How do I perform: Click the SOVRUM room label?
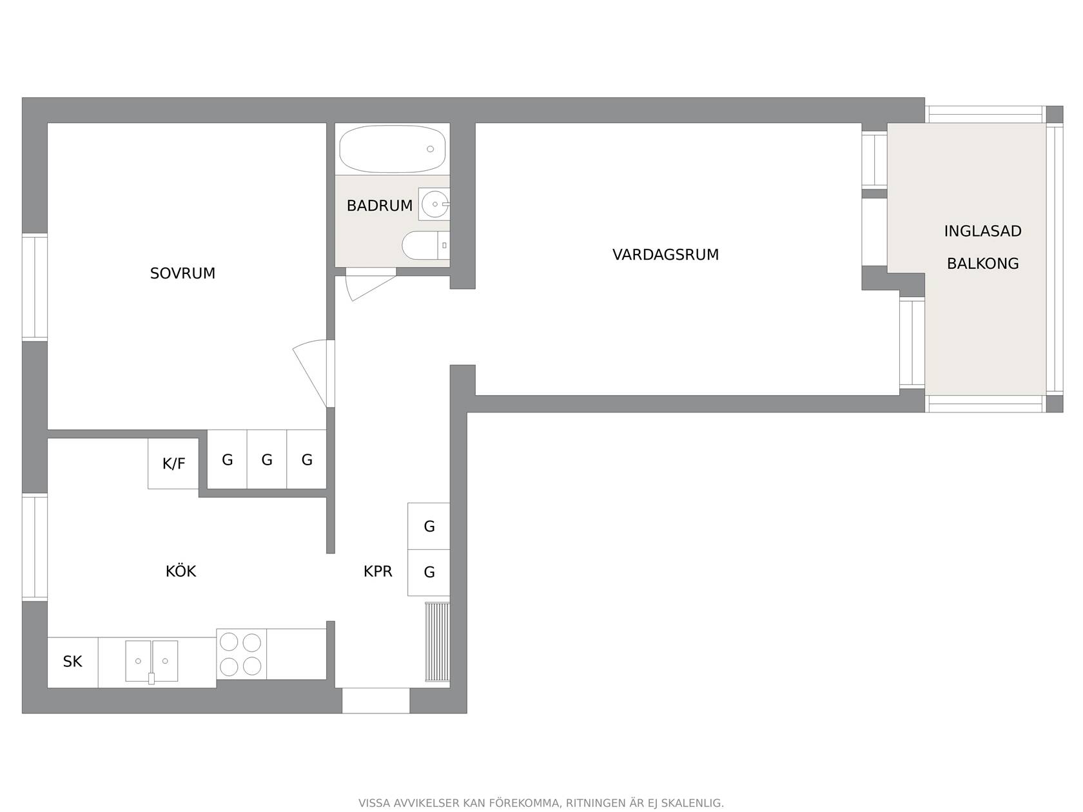[182, 273]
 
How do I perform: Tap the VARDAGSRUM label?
[665, 255]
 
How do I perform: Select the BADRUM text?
[380, 206]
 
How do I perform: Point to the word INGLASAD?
[982, 231]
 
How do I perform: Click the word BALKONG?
[982, 264]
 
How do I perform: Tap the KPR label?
[378, 571]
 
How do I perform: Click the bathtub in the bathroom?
[392, 148]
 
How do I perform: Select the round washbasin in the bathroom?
[434, 204]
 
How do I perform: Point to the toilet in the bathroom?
[426, 245]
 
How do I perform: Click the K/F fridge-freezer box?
[173, 463]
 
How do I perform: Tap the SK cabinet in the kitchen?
[73, 662]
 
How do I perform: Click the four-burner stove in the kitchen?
[241, 654]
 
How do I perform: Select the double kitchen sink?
[151, 661]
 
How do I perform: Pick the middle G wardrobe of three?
[267, 459]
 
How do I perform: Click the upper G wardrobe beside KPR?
[429, 526]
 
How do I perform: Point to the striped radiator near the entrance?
[437, 641]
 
